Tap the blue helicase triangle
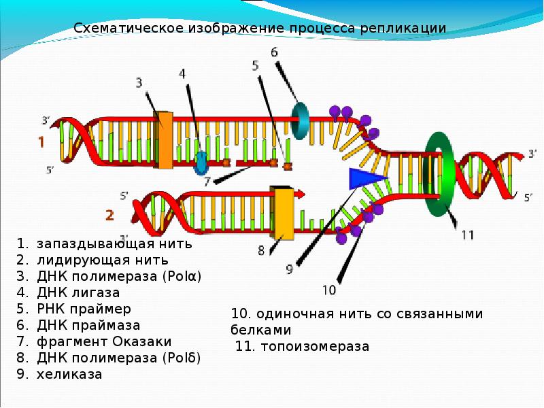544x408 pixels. [364, 179]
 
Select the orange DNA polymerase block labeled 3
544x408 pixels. [164, 139]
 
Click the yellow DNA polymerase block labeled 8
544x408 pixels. [282, 213]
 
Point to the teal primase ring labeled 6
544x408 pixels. [301, 120]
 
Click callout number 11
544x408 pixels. [467, 235]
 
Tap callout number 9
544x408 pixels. [289, 269]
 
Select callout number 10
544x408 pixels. [328, 290]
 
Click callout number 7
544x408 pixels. [207, 181]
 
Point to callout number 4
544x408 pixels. [182, 73]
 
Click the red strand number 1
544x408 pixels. [41, 143]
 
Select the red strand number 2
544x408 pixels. [109, 215]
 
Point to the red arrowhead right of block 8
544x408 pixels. [300, 194]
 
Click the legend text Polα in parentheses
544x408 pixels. [184, 276]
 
